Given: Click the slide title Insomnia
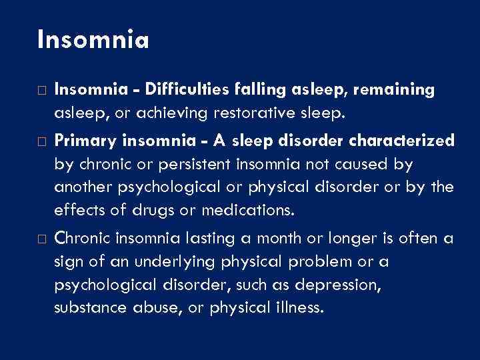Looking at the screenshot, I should click(x=93, y=39).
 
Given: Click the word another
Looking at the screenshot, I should click(x=83, y=187).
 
